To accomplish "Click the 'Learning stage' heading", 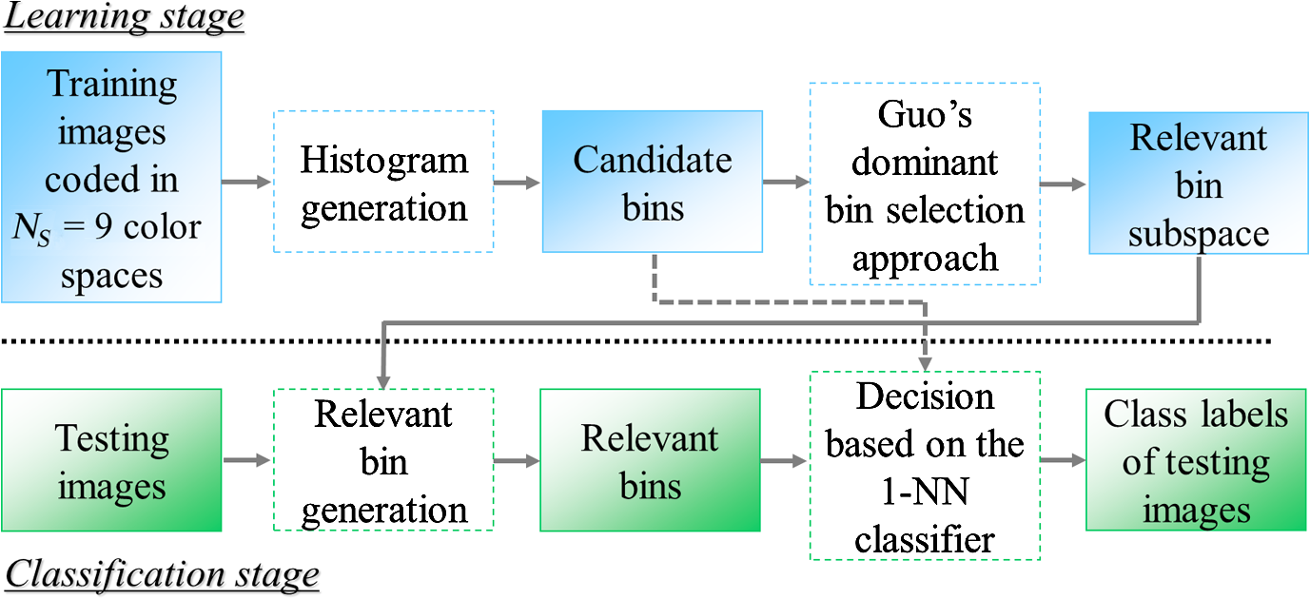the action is pyautogui.click(x=124, y=17).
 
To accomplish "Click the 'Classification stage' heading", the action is pyautogui.click(x=162, y=575).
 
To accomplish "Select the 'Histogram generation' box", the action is pyautogui.click(x=383, y=182).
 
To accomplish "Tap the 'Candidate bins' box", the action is pyautogui.click(x=653, y=182).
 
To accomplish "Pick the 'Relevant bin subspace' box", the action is pyautogui.click(x=1199, y=184).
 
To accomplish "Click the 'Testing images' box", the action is pyautogui.click(x=111, y=460).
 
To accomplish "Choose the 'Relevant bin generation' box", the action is pyautogui.click(x=383, y=460).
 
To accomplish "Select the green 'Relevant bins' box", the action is pyautogui.click(x=651, y=460).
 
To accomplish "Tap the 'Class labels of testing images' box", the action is pyautogui.click(x=1196, y=460).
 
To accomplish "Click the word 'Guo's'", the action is pyautogui.click(x=925, y=114).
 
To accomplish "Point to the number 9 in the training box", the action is pyautogui.click(x=103, y=226).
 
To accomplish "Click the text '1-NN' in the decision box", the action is pyautogui.click(x=925, y=493).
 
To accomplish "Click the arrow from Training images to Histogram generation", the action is pyautogui.click(x=246, y=182).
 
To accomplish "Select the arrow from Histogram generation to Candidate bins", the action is pyautogui.click(x=517, y=183).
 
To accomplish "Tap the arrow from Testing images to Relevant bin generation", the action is pyautogui.click(x=246, y=460).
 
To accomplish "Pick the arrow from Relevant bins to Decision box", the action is pyautogui.click(x=784, y=460).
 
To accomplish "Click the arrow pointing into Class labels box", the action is pyautogui.click(x=1063, y=460).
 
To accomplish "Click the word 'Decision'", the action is pyautogui.click(x=926, y=397).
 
